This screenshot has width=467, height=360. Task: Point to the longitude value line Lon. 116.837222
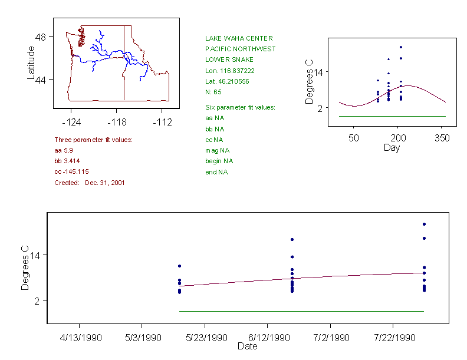tap(230, 70)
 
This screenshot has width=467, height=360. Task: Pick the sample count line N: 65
tap(213, 92)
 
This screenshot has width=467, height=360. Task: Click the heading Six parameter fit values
tap(240, 107)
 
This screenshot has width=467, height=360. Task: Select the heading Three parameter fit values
tap(93, 140)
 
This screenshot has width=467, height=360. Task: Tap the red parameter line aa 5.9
tap(64, 150)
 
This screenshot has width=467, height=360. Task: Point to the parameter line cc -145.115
tap(71, 171)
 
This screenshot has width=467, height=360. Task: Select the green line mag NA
tap(217, 150)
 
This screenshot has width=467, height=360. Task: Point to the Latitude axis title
tap(31, 63)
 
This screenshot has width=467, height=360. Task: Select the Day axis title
tap(392, 147)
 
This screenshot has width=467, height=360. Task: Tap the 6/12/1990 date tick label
tap(268, 338)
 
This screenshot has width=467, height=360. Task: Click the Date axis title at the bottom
tap(247, 346)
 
